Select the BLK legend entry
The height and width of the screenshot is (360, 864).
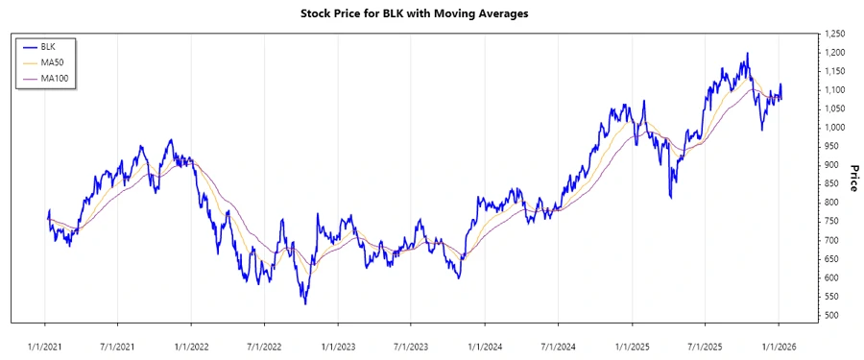(48, 46)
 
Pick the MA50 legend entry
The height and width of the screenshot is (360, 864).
(52, 61)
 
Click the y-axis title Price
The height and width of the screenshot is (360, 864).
(853, 178)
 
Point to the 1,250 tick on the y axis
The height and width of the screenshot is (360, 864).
(835, 35)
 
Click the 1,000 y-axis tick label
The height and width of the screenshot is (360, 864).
(835, 128)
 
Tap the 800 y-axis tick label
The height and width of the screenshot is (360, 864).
(831, 203)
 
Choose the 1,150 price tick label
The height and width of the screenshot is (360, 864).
(835, 72)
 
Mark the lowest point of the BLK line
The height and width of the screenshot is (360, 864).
(305, 304)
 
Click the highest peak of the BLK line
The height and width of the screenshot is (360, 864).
(747, 54)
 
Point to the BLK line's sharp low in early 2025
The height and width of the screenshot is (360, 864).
(670, 198)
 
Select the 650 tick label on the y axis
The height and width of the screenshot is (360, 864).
(831, 259)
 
